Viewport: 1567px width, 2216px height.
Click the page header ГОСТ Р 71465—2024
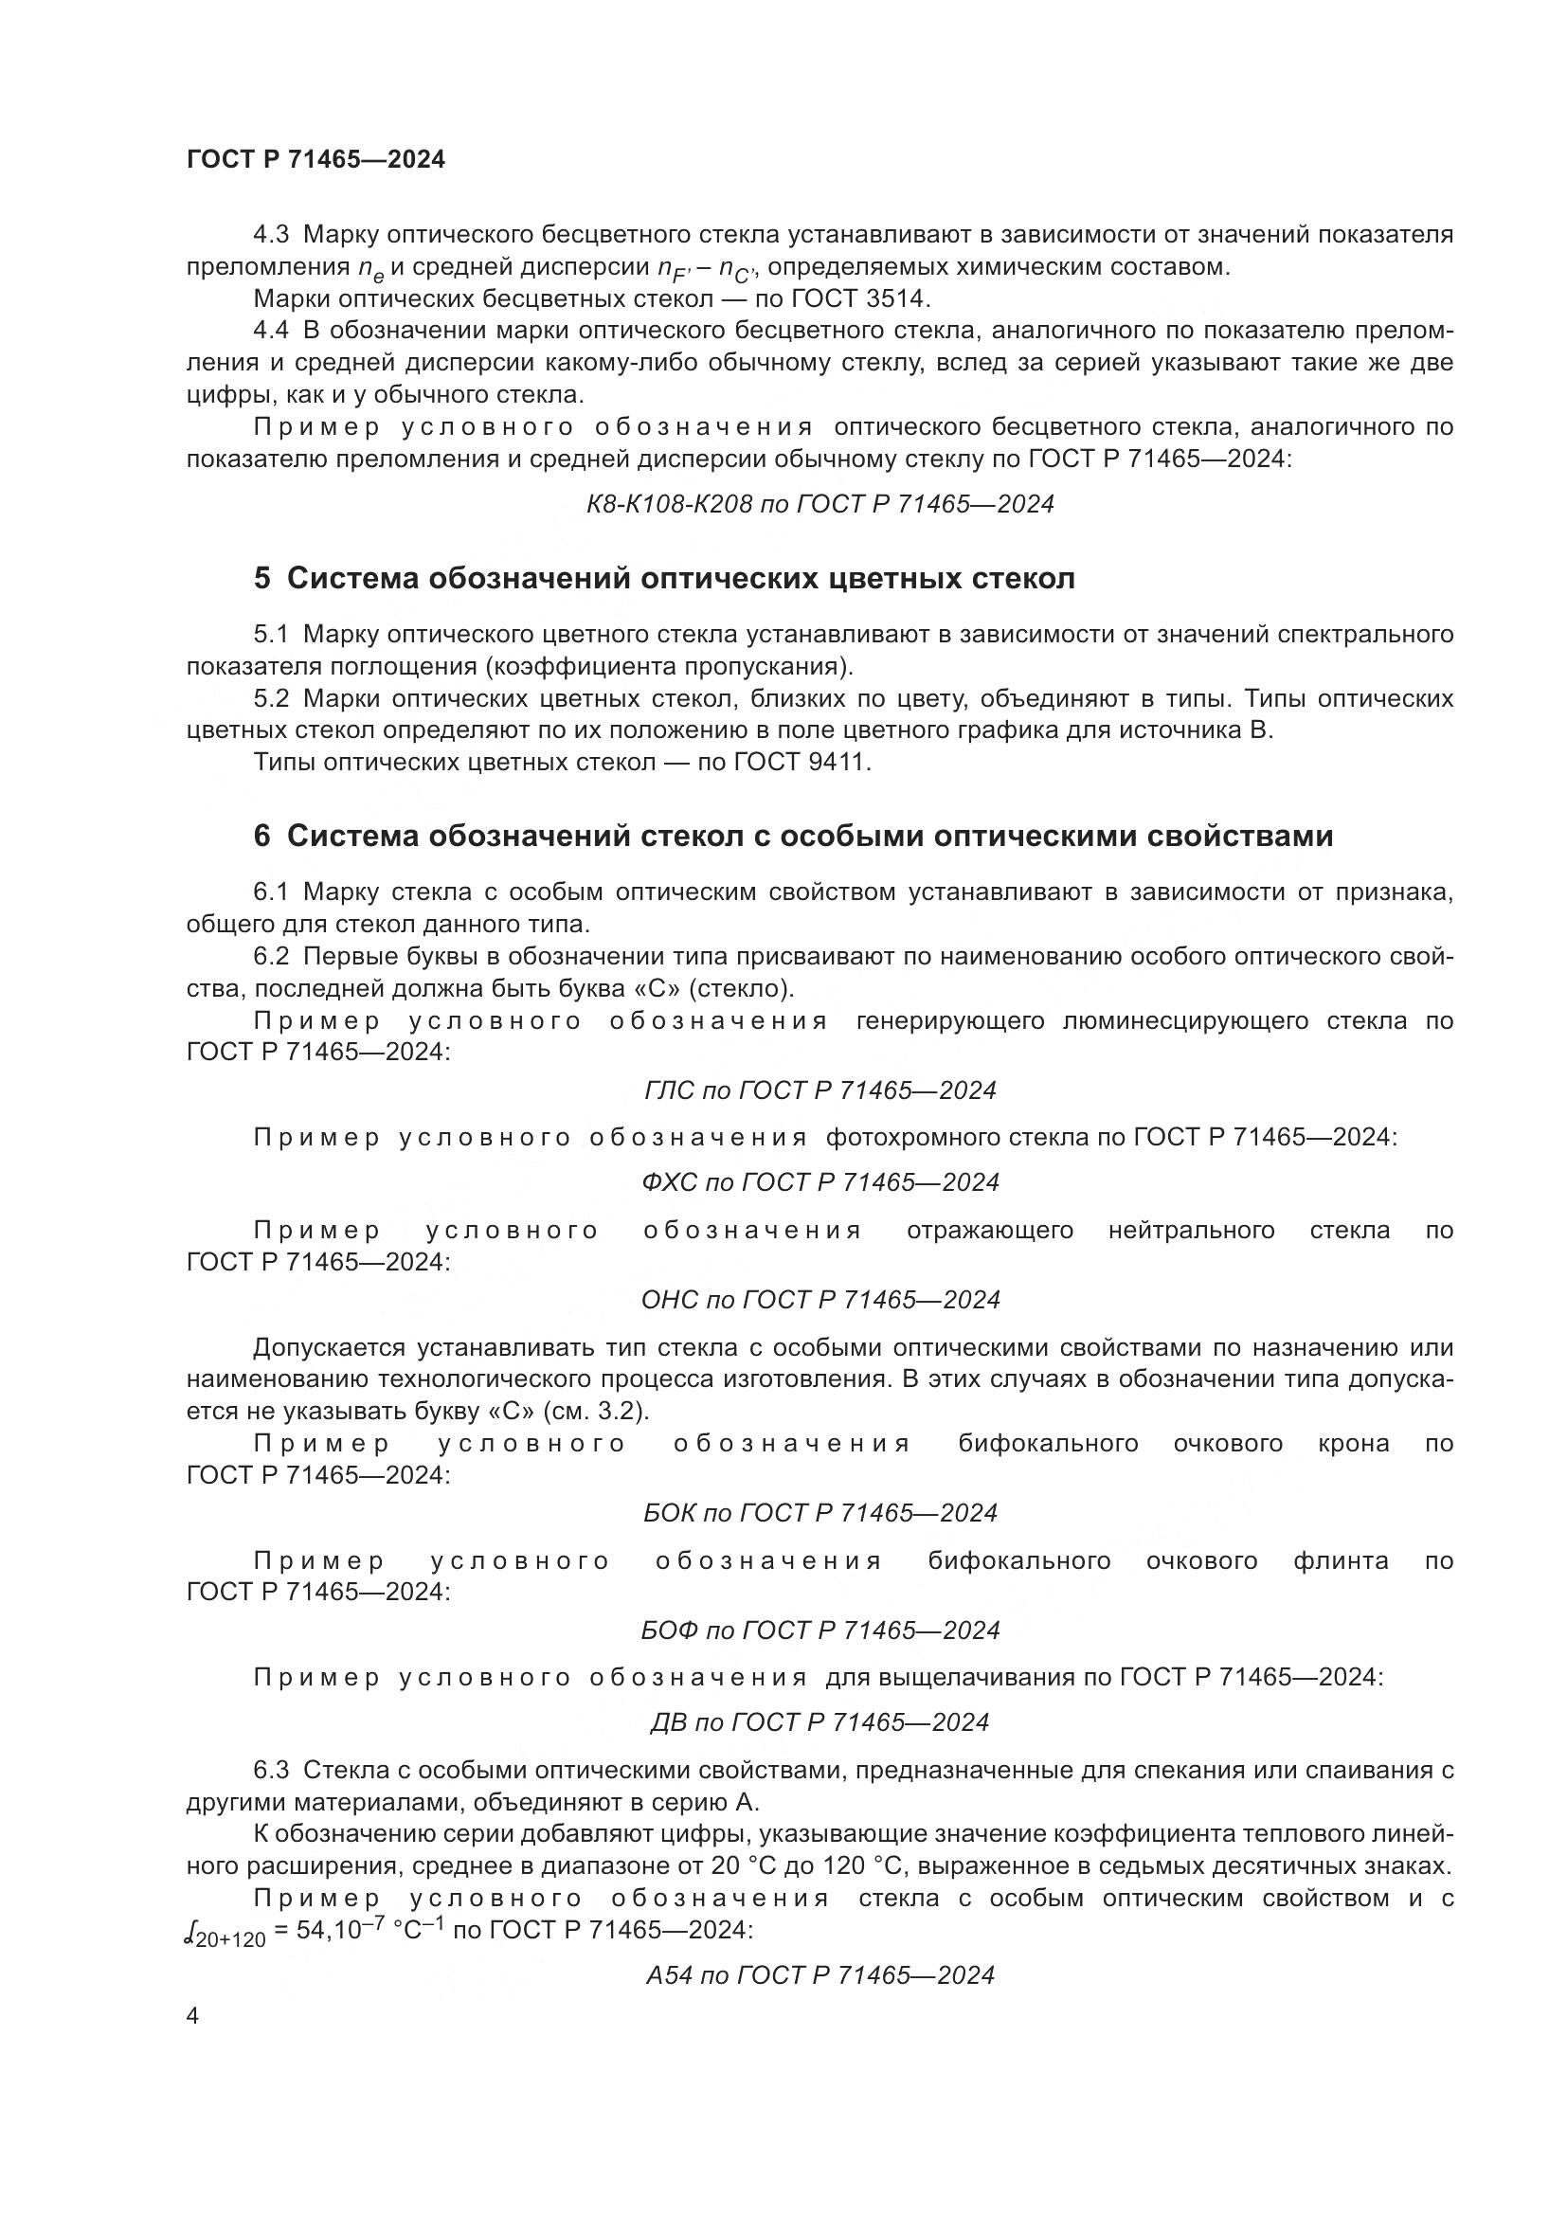315,160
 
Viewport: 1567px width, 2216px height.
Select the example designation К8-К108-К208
669,504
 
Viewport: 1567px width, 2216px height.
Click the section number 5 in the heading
261,579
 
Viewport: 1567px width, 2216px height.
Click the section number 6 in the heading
261,836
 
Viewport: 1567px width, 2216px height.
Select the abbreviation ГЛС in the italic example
669,1090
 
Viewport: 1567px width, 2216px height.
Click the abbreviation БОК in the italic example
669,1513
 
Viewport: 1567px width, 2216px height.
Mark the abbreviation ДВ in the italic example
669,1722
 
